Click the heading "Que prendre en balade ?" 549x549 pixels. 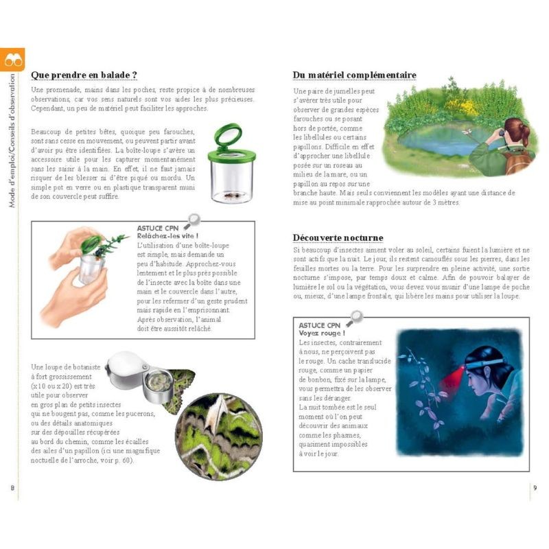point(84,75)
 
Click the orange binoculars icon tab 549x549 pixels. point(13,60)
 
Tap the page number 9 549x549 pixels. point(535,487)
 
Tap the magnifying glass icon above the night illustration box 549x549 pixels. point(355,318)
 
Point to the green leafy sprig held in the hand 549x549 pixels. point(110,244)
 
